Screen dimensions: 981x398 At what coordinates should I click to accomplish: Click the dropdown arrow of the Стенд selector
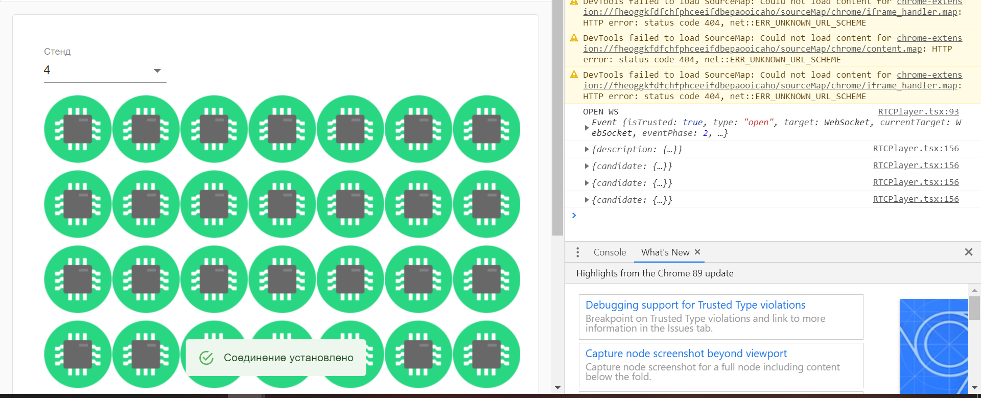[157, 71]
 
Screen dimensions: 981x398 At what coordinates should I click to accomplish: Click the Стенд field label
[57, 52]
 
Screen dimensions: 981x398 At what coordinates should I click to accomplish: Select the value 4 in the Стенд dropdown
[47, 70]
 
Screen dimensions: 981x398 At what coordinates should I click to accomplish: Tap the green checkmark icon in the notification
[206, 358]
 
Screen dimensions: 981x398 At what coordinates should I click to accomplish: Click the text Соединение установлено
[289, 358]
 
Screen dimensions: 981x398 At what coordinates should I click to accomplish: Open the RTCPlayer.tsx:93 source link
[918, 111]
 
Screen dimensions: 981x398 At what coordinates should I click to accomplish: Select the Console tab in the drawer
[610, 252]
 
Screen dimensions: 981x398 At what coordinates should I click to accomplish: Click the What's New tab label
[665, 252]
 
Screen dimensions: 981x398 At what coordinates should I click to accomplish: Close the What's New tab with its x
[697, 252]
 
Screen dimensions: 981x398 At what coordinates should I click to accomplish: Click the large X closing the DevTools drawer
[968, 252]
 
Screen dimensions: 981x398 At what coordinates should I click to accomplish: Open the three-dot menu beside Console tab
[578, 252]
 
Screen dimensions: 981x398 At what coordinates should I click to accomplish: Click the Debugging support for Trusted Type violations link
[695, 305]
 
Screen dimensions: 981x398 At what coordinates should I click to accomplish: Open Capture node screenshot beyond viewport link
[686, 354]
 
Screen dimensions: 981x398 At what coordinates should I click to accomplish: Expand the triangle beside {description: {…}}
[587, 149]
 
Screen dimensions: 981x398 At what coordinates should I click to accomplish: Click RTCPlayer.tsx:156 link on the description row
[916, 148]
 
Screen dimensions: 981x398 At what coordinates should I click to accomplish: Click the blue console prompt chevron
[574, 215]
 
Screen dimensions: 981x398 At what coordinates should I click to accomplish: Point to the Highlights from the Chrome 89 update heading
[655, 273]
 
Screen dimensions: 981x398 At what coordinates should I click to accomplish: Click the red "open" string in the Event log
[759, 122]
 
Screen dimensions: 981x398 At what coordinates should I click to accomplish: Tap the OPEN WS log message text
[600, 111]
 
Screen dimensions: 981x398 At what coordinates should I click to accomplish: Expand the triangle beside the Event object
[587, 128]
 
